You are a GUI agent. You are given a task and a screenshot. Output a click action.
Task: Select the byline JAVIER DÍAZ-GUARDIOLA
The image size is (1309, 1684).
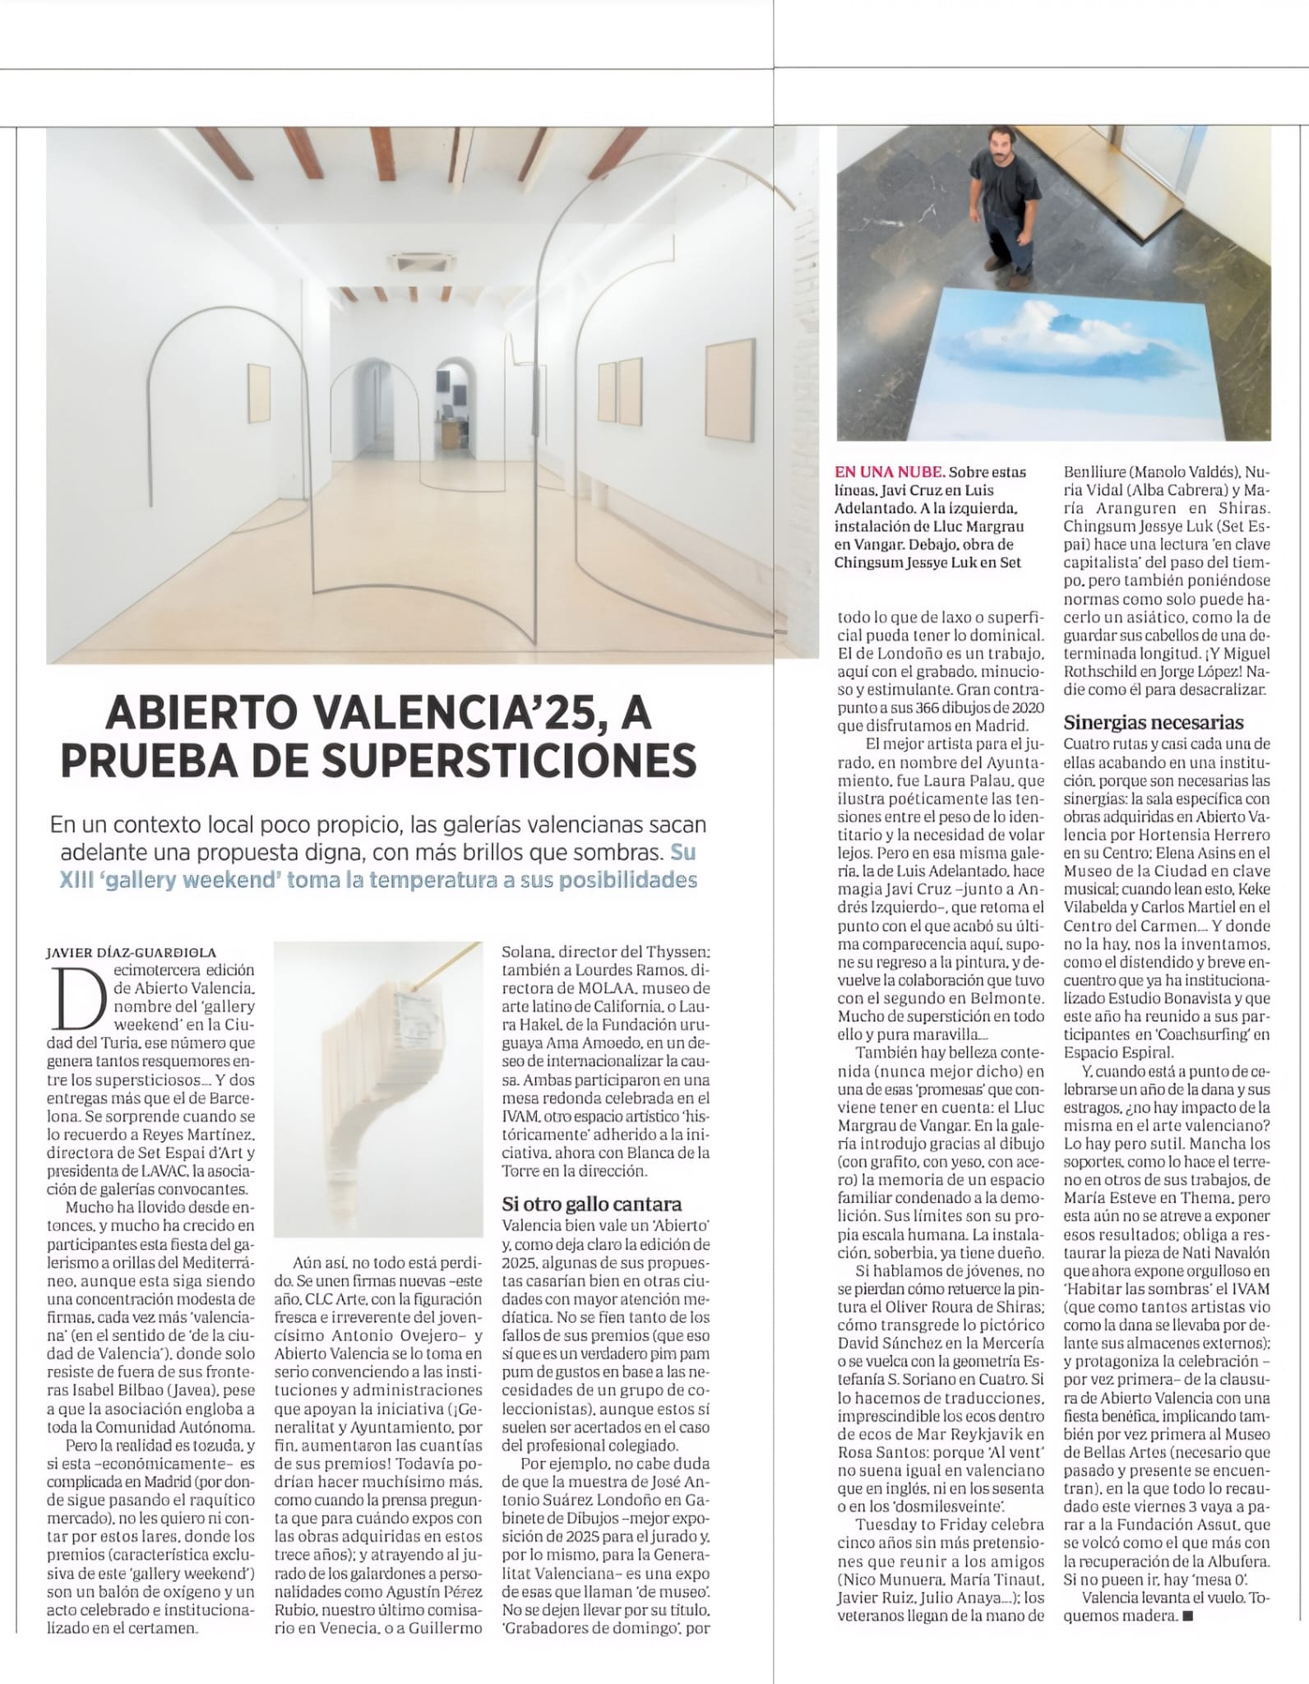[132, 952]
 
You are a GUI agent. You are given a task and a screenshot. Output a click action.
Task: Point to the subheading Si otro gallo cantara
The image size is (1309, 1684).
[592, 1204]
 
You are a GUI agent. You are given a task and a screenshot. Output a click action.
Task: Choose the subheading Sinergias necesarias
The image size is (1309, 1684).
[1154, 723]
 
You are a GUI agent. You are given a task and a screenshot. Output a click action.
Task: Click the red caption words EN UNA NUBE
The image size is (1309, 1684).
[888, 473]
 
